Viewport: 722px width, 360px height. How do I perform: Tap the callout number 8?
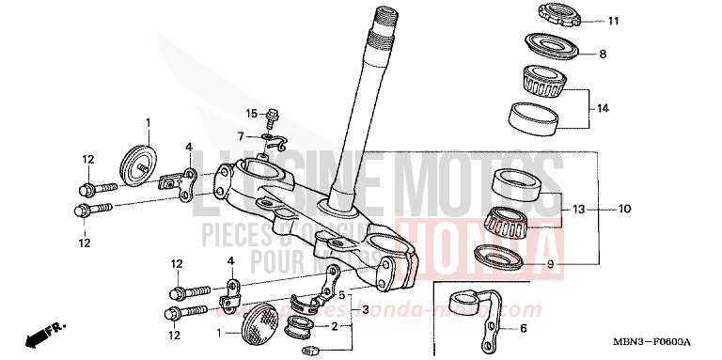tap(603, 54)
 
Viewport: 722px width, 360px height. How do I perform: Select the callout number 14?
tap(603, 108)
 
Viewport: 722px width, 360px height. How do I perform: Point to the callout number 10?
tap(624, 208)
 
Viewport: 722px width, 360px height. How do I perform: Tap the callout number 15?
tap(252, 113)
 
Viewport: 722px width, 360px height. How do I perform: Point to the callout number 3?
tap(365, 309)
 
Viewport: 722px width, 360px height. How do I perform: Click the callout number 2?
tap(333, 326)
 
